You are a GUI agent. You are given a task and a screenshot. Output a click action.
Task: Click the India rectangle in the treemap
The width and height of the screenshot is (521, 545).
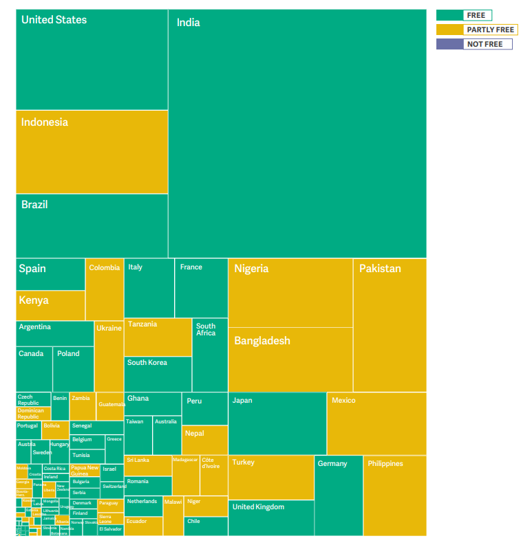pos(297,134)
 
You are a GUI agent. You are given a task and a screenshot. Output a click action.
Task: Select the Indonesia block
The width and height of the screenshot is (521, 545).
pos(92,152)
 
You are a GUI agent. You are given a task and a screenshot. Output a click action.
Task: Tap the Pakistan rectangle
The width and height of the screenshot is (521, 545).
pos(390,324)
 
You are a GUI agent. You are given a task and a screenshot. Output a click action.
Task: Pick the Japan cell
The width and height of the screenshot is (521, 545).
pos(277,423)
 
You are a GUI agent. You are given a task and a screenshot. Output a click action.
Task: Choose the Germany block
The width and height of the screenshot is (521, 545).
pos(338,496)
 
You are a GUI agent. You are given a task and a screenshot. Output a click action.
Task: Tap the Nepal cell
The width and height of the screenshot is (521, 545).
pos(204,440)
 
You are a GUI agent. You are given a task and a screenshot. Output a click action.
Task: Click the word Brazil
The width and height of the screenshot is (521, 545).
pos(34,205)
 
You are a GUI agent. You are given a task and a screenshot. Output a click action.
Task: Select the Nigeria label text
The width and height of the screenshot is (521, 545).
pos(251,269)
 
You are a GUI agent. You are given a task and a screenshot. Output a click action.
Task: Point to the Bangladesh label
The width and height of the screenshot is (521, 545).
pos(262,341)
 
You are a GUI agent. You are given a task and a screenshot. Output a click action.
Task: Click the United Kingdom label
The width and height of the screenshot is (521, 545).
pos(258,507)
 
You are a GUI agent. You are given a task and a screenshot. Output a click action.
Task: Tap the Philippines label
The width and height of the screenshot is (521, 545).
pos(385,464)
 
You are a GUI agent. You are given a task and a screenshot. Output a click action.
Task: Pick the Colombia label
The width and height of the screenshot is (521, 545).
pos(105,268)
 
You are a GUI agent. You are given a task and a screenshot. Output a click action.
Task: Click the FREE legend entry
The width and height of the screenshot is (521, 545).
pos(476,15)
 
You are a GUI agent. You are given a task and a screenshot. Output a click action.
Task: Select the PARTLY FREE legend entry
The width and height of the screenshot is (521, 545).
pos(490,30)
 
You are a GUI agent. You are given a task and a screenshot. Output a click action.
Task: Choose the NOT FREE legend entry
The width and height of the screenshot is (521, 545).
pos(485,44)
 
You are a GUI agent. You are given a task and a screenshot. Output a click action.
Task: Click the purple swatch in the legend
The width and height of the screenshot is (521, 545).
pos(449,44)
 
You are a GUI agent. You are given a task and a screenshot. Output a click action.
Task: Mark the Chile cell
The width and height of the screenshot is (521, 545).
pos(204,526)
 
